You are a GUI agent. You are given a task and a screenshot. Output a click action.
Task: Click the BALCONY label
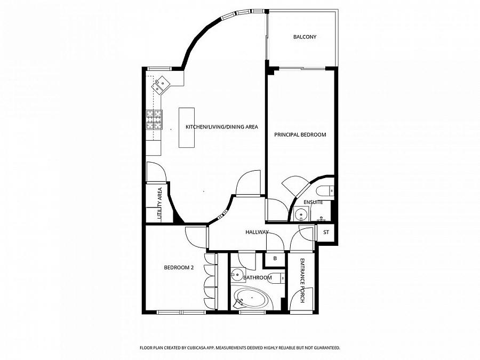click(305, 37)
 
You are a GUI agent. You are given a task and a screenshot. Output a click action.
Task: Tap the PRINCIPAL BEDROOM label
click(300, 134)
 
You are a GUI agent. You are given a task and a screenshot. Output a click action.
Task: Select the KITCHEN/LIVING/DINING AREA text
click(222, 127)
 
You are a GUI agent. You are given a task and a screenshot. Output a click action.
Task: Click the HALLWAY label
click(257, 233)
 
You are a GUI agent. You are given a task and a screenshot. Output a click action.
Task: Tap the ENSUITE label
click(313, 202)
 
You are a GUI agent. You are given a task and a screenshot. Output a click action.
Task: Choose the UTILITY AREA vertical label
click(159, 204)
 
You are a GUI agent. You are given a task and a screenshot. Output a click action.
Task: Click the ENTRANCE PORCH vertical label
click(302, 281)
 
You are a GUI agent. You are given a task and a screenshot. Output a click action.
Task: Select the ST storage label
click(326, 233)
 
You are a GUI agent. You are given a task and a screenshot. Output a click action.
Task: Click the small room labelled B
click(275, 258)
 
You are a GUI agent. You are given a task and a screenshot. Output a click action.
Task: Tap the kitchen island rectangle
click(187, 127)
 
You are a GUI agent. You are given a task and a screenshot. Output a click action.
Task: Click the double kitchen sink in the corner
click(160, 85)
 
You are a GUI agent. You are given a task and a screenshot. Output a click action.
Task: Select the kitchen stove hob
click(154, 119)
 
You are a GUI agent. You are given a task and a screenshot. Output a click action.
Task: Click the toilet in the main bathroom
click(277, 278)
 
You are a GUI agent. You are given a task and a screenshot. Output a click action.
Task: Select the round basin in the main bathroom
click(237, 274)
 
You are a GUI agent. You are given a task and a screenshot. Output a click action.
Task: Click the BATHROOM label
click(258, 278)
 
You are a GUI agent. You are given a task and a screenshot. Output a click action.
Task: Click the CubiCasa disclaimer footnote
click(240, 348)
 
